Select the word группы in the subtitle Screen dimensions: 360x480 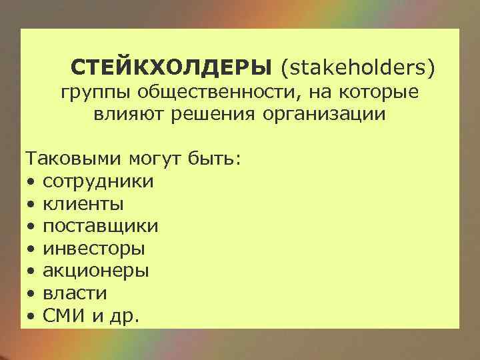click(x=91, y=92)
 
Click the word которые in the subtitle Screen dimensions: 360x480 click(x=382, y=92)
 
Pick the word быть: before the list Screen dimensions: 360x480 click(x=218, y=159)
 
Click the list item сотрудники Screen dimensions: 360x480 click(x=98, y=181)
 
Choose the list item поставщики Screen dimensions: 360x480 click(x=101, y=226)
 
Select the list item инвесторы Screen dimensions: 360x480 click(x=94, y=249)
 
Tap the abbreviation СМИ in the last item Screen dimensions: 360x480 click(x=64, y=315)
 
